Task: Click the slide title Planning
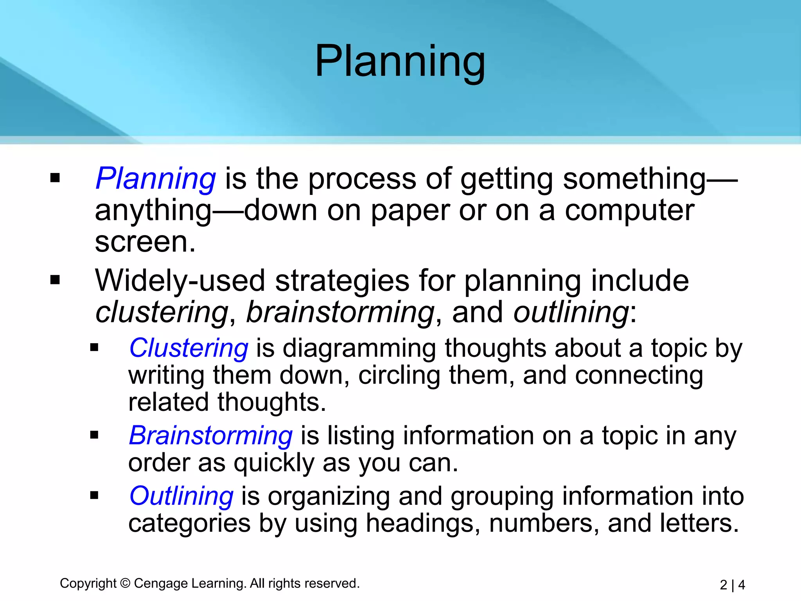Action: pos(400,62)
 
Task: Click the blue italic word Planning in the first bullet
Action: pos(155,179)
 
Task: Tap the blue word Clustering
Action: pos(189,348)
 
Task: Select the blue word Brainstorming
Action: pos(210,435)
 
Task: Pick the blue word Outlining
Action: pos(181,496)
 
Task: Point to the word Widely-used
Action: pos(180,281)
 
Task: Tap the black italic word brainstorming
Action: pos(340,312)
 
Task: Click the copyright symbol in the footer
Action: pos(125,583)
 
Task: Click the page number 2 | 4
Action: pos(732,585)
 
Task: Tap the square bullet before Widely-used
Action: pos(55,280)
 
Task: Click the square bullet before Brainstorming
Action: pos(94,435)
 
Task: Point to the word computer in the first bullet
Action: pos(629,211)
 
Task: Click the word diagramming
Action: pos(359,348)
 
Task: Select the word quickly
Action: pos(274,463)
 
